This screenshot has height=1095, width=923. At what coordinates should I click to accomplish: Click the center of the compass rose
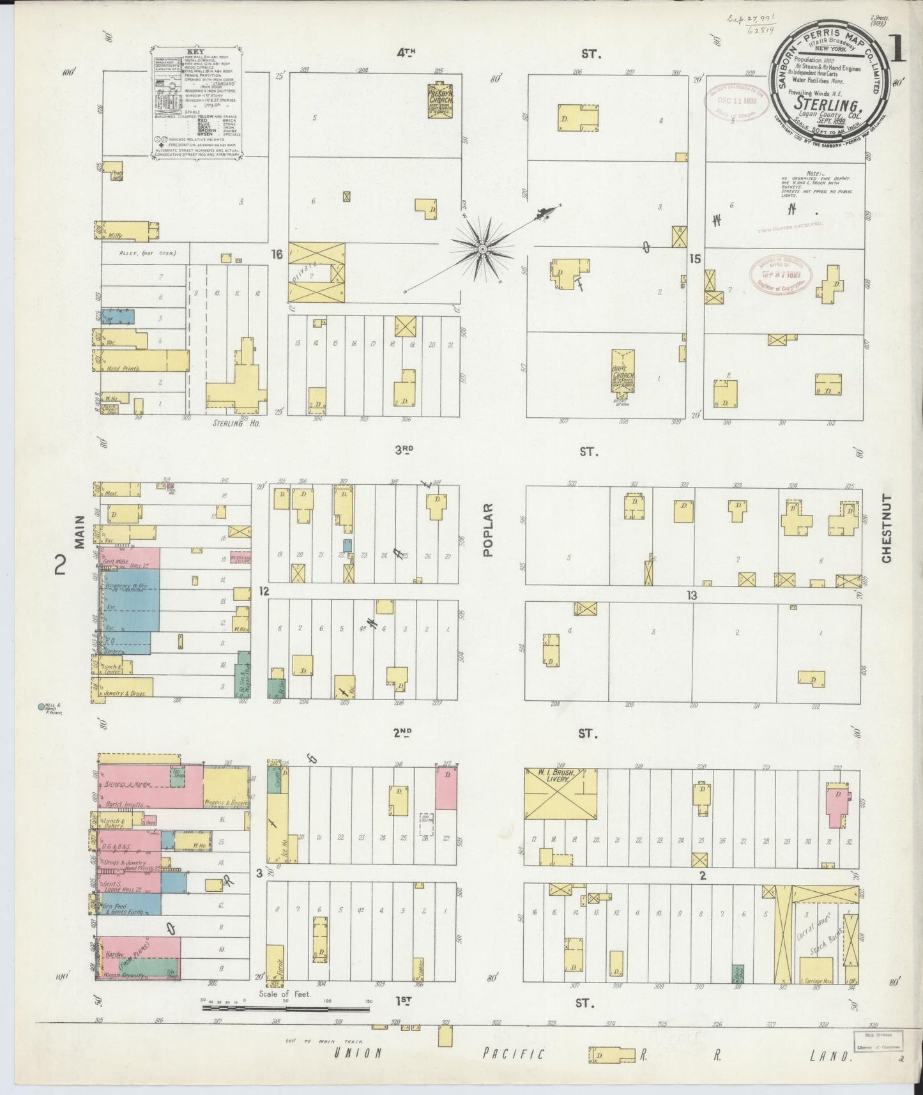(483, 248)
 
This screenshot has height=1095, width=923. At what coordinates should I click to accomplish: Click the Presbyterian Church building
(439, 100)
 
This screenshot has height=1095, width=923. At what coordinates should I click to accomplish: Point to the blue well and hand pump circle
(42, 707)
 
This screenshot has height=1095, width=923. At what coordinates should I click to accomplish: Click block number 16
(277, 254)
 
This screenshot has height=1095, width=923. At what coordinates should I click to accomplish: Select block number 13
(691, 595)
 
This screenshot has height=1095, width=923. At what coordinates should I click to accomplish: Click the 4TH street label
(406, 54)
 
